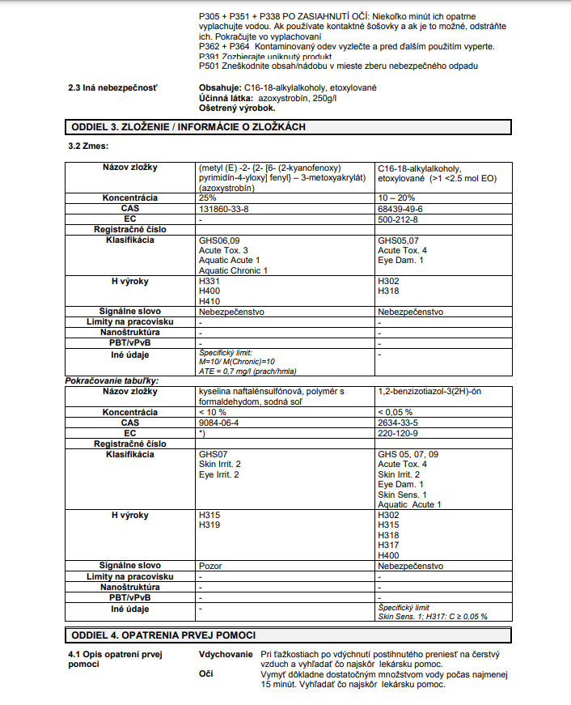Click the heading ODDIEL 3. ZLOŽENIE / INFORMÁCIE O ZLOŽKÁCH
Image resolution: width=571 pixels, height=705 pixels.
(x=188, y=126)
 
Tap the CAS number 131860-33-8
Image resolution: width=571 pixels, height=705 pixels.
(x=224, y=209)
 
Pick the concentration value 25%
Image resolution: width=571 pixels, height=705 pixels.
(x=208, y=198)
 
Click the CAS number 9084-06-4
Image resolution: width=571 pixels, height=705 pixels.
(x=218, y=422)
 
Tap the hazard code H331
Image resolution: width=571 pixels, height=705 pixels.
(x=209, y=281)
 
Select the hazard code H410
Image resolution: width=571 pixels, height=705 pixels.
(x=209, y=300)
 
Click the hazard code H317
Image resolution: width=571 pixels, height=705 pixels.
(x=388, y=545)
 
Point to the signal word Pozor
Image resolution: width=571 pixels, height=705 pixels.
(x=210, y=566)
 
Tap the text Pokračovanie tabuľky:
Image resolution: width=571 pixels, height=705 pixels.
(x=112, y=380)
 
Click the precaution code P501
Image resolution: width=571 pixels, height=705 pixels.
(x=209, y=66)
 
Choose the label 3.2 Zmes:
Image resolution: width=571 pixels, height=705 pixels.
(x=88, y=146)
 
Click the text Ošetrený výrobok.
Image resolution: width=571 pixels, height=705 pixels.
(x=236, y=108)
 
